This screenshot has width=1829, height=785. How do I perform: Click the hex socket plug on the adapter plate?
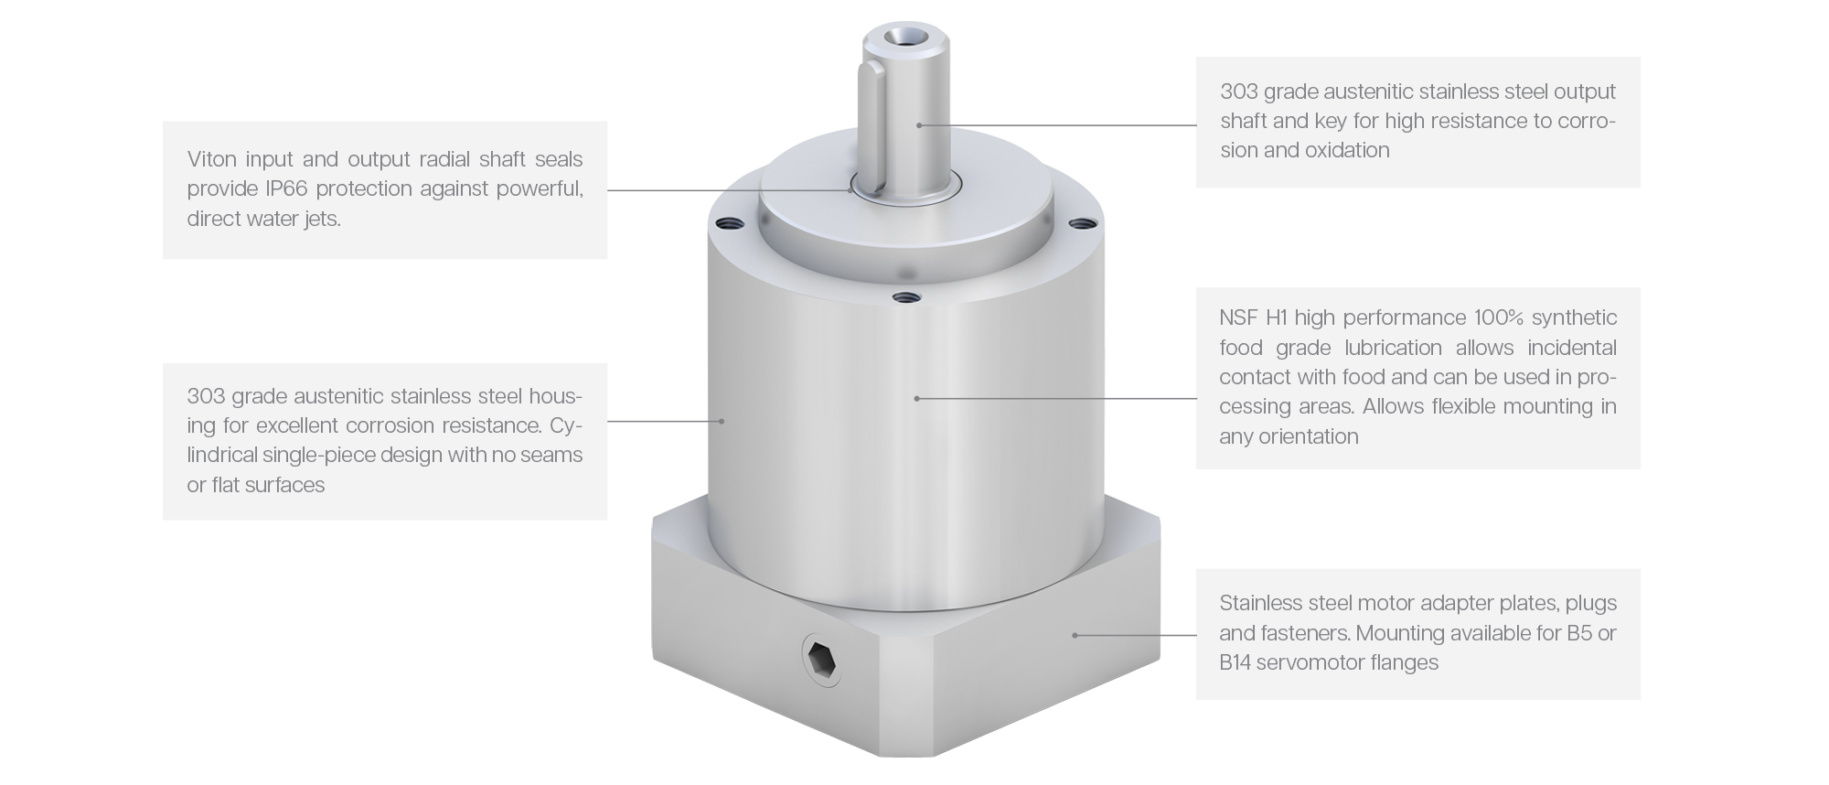821,659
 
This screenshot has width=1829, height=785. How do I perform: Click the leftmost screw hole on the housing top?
726,222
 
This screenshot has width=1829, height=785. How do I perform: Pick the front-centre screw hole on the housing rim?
904,296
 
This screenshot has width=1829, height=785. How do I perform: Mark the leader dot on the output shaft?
919,124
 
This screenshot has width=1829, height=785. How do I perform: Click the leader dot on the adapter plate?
1075,635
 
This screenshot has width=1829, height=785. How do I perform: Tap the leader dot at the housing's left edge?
722,421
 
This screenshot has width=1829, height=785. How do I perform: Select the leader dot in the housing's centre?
917,398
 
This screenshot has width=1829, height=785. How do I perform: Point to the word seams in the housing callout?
552,456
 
